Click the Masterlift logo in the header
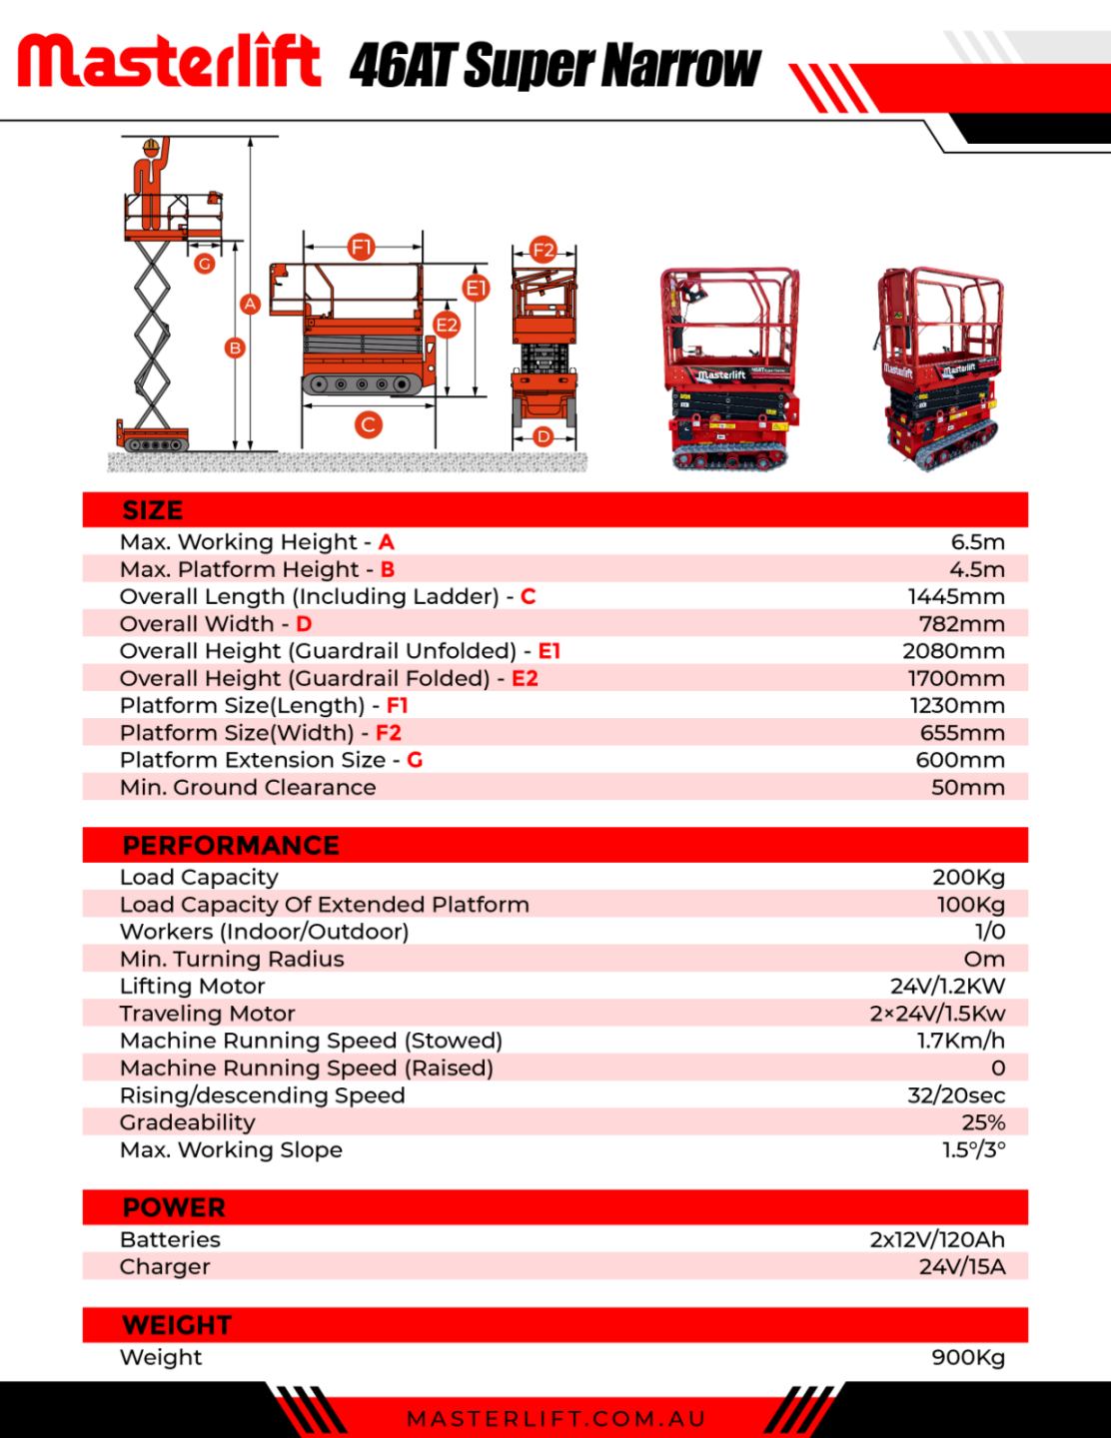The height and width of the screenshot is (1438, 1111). (170, 60)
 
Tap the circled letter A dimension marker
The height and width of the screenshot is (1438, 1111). (250, 305)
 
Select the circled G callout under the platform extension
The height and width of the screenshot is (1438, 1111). (205, 264)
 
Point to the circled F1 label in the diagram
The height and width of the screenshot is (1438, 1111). (362, 248)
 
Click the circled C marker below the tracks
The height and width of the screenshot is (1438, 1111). (368, 424)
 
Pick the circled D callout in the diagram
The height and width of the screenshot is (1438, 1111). (543, 436)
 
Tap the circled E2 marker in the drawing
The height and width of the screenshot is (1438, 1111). (447, 325)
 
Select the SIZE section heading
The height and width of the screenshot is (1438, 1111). (153, 510)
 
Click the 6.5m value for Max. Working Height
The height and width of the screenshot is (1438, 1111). (978, 542)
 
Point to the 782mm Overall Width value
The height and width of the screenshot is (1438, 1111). (961, 624)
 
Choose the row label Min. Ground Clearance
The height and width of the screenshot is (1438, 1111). (248, 788)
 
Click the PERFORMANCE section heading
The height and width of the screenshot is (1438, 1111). (231, 846)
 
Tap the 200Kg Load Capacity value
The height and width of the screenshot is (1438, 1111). (969, 878)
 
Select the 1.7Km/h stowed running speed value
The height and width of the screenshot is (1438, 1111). (961, 1041)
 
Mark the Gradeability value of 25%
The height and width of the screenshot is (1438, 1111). (983, 1122)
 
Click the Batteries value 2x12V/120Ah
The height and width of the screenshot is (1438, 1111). (937, 1239)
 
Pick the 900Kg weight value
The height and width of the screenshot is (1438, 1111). (968, 1357)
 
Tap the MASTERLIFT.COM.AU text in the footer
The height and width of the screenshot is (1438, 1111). (556, 1419)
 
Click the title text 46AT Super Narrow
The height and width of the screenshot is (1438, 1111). (555, 65)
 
